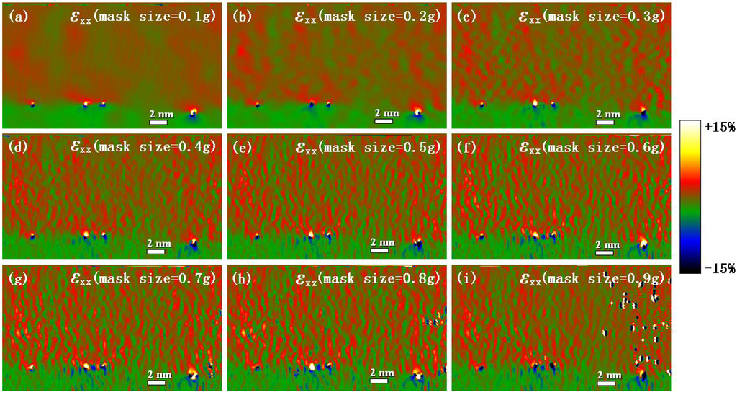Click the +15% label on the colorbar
point(720,128)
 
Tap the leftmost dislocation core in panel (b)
point(258,105)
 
